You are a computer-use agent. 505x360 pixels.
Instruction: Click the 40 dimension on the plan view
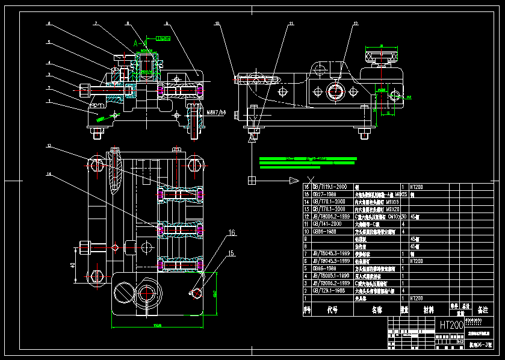pyautogui.click(x=72, y=265)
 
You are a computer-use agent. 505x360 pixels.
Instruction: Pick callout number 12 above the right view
pyautogui.click(x=356, y=23)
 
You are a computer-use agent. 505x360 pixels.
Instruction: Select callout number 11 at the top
pyautogui.click(x=291, y=23)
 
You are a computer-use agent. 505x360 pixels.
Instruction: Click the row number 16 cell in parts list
pyautogui.click(x=306, y=187)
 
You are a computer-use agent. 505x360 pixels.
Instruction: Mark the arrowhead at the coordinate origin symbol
pyautogui.click(x=294, y=181)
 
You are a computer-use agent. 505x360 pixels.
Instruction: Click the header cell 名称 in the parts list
pyautogui.click(x=377, y=311)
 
